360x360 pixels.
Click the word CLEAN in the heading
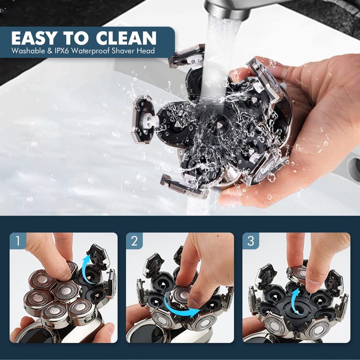tap(126, 38)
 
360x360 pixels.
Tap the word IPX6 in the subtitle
tap(62, 51)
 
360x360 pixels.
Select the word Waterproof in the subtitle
tap(90, 51)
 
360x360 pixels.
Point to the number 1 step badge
tap(18, 241)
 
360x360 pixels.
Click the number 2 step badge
tap(134, 241)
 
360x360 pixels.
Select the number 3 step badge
tap(251, 241)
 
